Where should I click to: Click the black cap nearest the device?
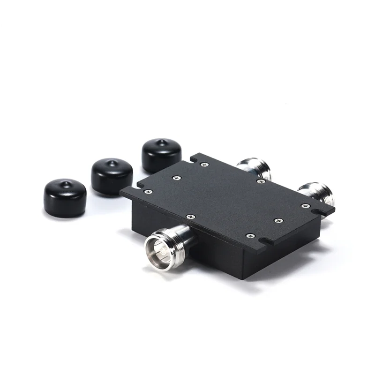[x=161, y=155]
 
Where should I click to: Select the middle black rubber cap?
[x=112, y=175]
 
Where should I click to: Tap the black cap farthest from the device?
[x=65, y=197]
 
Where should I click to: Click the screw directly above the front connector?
[x=190, y=217]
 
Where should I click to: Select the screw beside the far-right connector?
[x=306, y=206]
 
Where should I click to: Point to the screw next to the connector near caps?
[x=261, y=181]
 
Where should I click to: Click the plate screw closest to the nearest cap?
[x=204, y=164]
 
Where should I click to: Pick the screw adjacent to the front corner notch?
[x=250, y=235]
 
